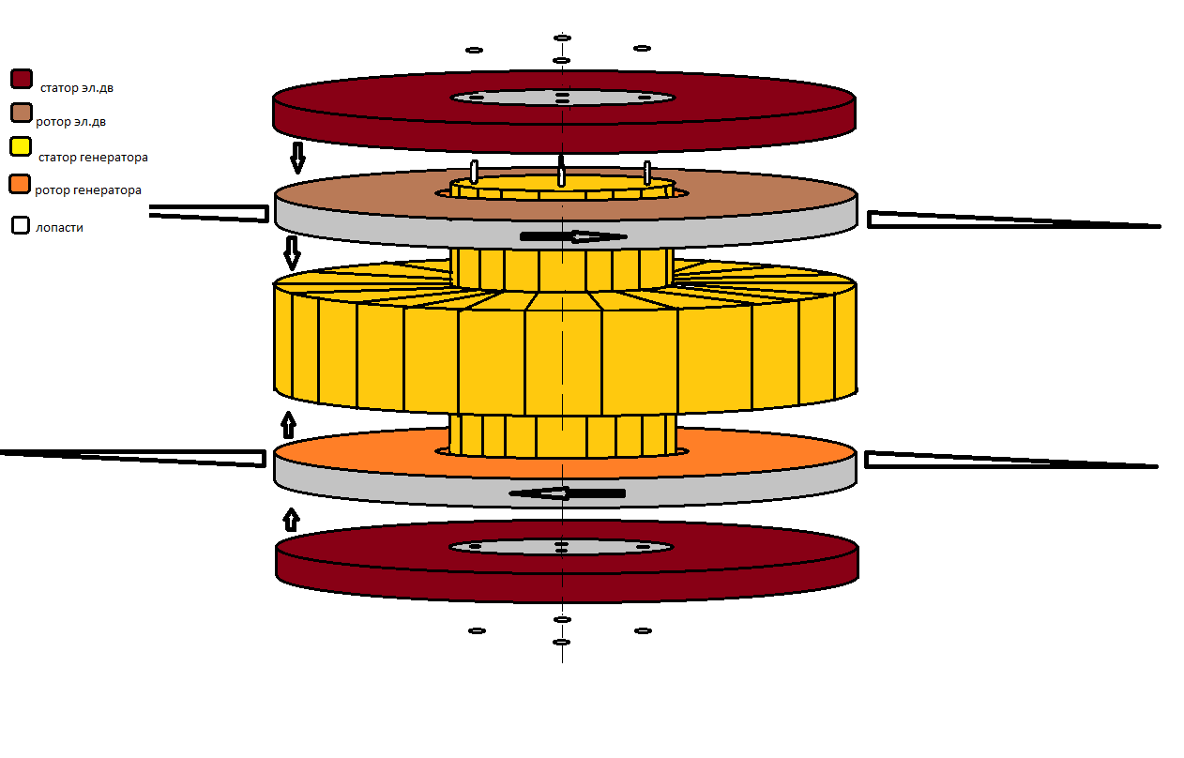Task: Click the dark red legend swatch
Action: coord(22,80)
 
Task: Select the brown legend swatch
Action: coord(22,114)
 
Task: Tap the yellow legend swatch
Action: coord(21,147)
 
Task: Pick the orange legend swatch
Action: coord(21,184)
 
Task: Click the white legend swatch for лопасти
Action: coord(20,225)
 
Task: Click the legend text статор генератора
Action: coord(93,158)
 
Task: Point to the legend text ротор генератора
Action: coord(88,190)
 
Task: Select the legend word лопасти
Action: coord(59,228)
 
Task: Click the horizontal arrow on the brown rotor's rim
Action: coord(572,236)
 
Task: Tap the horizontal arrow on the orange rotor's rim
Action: coord(567,493)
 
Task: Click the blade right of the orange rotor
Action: coord(1004,461)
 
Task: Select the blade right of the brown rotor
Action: coord(1004,221)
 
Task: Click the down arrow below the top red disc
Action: coord(297,158)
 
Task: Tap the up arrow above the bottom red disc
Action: coord(292,519)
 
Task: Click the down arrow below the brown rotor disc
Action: coord(292,252)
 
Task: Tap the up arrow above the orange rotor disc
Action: coord(288,425)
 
